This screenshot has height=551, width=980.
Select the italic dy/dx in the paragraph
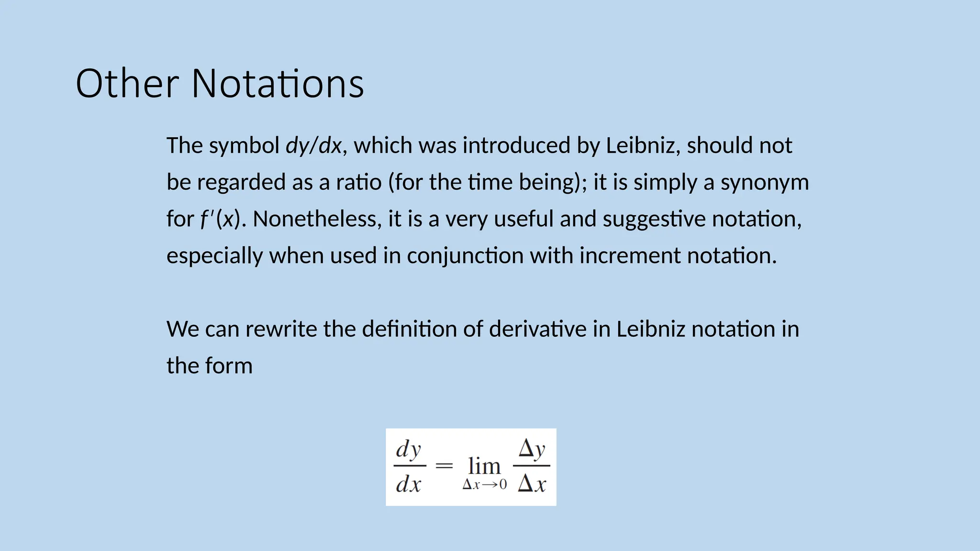pos(314,145)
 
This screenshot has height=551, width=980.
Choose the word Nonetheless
pos(317,219)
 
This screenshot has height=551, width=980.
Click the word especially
pos(214,256)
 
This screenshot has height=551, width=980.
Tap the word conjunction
pos(465,256)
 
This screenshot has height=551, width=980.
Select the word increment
pos(630,256)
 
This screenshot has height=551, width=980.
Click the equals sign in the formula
pos(444,465)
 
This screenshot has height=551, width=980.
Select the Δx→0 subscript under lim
pos(484,485)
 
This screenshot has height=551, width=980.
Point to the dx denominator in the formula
pos(408,484)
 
